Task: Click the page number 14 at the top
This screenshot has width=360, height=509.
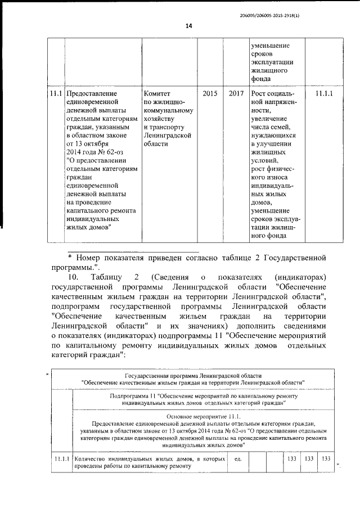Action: click(189, 26)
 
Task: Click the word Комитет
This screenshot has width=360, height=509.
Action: click(157, 93)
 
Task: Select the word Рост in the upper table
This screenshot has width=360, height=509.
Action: click(262, 93)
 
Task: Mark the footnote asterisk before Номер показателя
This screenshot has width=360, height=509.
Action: click(70, 257)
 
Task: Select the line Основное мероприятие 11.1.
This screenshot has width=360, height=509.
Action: click(203, 416)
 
